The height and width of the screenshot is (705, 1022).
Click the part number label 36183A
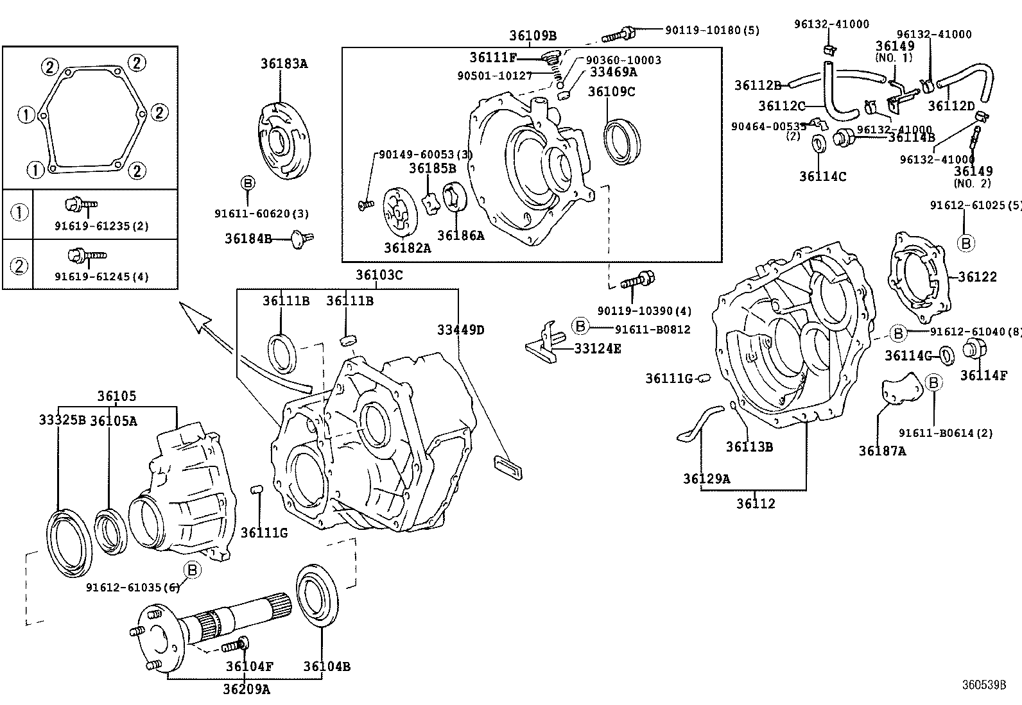pos(284,63)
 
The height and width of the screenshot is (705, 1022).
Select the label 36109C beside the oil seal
pos(611,92)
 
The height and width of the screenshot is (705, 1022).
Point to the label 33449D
pos(460,330)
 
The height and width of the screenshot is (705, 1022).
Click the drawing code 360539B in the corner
pos(983,684)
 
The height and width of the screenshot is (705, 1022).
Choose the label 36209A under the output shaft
pos(247,690)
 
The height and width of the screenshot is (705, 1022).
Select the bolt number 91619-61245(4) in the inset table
pos(101,276)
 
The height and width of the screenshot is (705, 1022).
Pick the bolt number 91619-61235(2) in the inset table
pos(101,226)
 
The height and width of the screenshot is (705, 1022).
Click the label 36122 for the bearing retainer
pos(978,276)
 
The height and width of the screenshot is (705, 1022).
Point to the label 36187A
pos(883,451)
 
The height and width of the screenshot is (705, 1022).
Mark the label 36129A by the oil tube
pos(706,479)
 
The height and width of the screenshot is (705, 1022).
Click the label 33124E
pos(597,348)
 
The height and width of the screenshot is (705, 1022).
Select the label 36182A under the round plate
pos(408,247)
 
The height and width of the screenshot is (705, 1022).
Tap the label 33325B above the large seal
pos(62,420)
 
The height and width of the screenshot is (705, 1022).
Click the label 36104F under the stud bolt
pos(249,667)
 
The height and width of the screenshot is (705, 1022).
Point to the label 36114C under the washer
pos(822,176)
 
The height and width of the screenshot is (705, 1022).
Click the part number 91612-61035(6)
pos(132,587)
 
